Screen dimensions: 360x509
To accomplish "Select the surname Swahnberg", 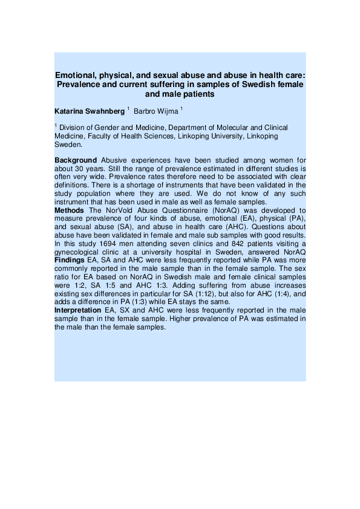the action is point(105,112).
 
